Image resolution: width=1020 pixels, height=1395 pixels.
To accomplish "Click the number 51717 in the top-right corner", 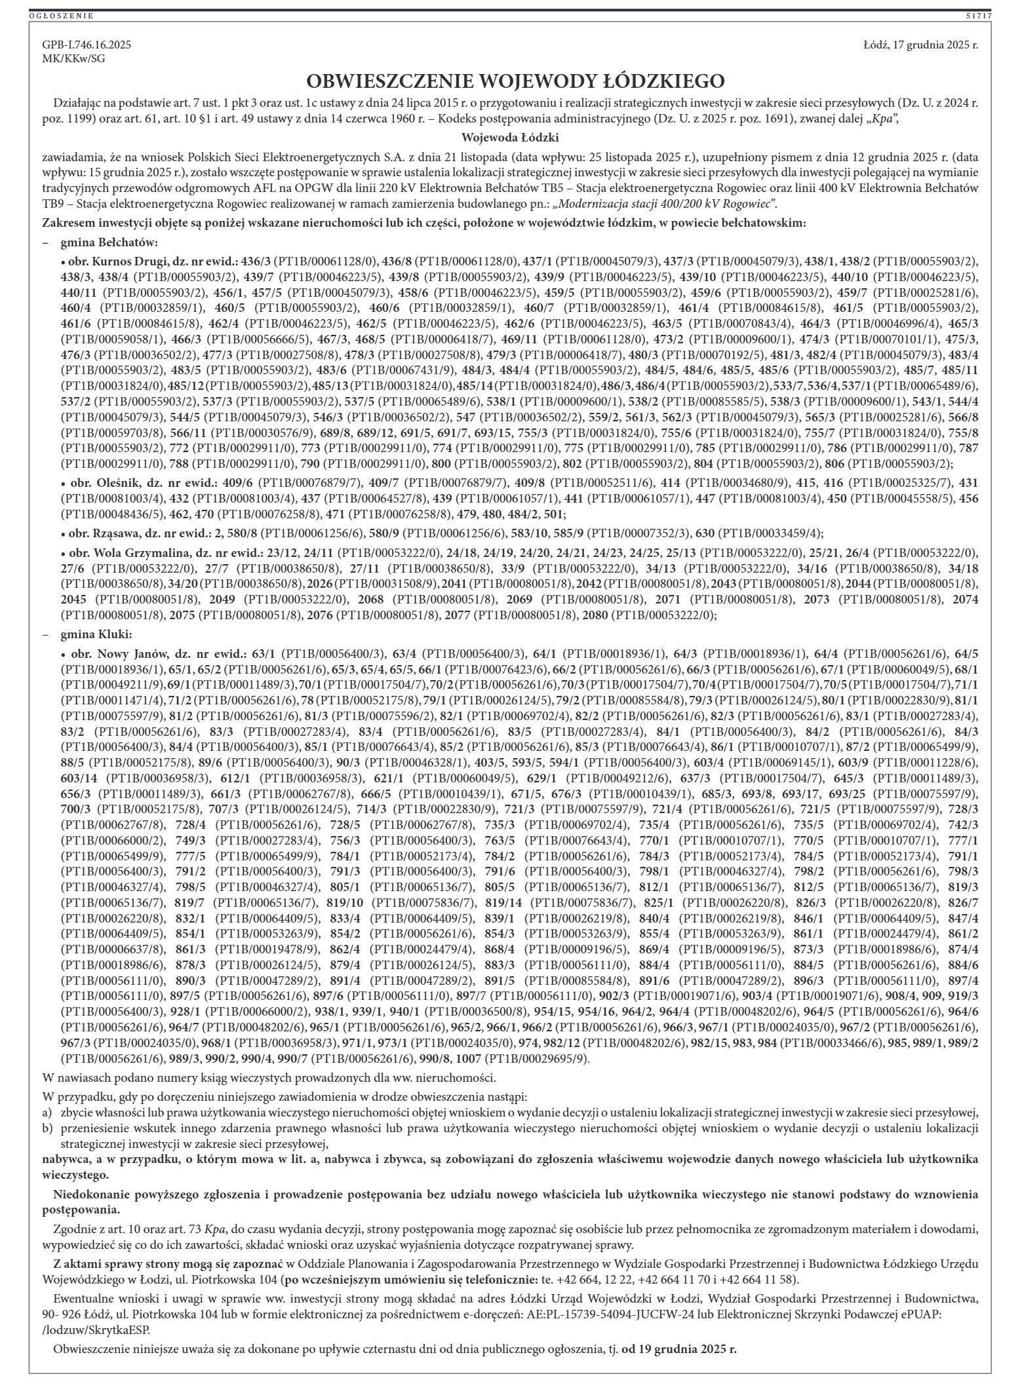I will (978, 16).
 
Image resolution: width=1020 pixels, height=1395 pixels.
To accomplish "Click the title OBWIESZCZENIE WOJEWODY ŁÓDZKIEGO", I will (516, 81).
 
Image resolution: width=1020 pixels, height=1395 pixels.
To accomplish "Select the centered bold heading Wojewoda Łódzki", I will (510, 138).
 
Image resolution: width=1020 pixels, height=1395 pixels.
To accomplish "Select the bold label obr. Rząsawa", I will (100, 533).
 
